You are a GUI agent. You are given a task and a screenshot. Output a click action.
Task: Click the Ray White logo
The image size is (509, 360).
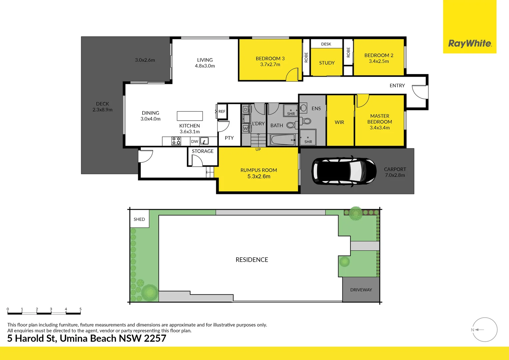[470, 43]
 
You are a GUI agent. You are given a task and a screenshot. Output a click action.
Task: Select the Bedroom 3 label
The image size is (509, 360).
[270, 59]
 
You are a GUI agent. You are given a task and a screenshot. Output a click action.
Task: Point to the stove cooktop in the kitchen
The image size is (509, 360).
[176, 141]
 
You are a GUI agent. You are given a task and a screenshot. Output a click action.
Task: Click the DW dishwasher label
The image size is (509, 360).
[195, 141]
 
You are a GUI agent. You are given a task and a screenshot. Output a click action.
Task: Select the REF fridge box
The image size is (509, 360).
[222, 112]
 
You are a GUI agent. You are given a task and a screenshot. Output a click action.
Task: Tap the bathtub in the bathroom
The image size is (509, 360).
[282, 140]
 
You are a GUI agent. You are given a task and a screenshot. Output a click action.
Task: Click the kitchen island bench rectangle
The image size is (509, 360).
[190, 116]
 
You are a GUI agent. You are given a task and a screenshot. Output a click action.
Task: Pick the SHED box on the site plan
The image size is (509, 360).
[139, 219]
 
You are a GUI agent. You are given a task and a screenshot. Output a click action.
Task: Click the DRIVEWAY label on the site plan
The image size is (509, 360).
[361, 290]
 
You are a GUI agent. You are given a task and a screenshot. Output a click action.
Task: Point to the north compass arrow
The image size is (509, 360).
[479, 330]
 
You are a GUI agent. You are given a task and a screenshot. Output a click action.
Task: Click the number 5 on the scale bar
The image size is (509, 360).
[80, 309]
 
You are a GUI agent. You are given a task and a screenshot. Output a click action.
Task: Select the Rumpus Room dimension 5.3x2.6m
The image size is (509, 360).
[259, 176]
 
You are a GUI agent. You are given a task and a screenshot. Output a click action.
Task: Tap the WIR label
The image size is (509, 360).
[339, 122]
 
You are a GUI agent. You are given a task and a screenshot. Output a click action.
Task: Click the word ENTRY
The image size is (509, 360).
[397, 86]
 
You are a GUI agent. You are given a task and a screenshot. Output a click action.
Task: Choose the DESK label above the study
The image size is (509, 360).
[326, 44]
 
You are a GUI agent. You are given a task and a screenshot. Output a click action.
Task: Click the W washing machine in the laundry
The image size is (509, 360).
[246, 128]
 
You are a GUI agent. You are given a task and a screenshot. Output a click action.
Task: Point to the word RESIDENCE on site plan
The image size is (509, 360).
[252, 260]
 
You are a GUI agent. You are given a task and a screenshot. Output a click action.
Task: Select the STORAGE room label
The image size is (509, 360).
[203, 151]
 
